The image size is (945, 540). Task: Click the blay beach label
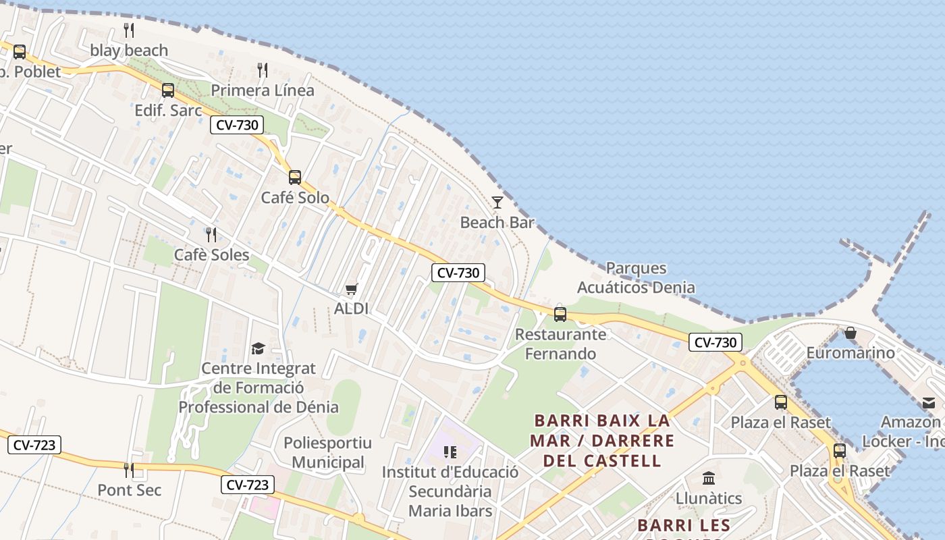pyautogui.click(x=129, y=51)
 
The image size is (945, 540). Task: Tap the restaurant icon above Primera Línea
pyautogui.click(x=263, y=70)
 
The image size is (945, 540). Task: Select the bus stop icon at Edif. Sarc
pyautogui.click(x=168, y=90)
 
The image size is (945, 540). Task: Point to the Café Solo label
pyautogui.click(x=295, y=198)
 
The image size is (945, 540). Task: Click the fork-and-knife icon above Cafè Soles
pyautogui.click(x=211, y=235)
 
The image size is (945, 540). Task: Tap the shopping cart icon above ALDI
pyautogui.click(x=351, y=290)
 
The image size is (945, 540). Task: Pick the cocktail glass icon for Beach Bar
pyautogui.click(x=497, y=202)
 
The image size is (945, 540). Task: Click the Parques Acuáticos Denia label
pyautogui.click(x=636, y=277)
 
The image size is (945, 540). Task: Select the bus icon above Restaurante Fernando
pyautogui.click(x=560, y=314)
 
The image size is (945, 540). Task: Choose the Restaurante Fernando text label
pyautogui.click(x=560, y=344)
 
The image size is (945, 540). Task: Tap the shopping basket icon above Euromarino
pyautogui.click(x=850, y=333)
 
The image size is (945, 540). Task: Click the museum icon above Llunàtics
pyautogui.click(x=709, y=479)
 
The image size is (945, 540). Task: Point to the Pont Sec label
pyautogui.click(x=130, y=490)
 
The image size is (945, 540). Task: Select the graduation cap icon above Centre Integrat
pyautogui.click(x=258, y=348)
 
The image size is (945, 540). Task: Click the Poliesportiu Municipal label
pyautogui.click(x=328, y=453)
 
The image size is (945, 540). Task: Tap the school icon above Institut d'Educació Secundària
pyautogui.click(x=450, y=452)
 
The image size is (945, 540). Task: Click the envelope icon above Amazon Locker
pyautogui.click(x=929, y=403)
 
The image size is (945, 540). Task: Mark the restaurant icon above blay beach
pyautogui.click(x=129, y=30)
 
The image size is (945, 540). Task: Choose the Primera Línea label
pyautogui.click(x=263, y=90)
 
